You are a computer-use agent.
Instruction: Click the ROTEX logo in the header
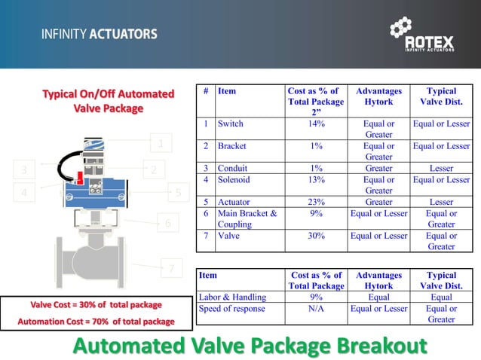(423, 35)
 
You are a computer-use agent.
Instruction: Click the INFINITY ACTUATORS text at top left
(100, 34)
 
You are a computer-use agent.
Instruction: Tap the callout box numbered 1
(160, 143)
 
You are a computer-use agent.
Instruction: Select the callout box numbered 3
(24, 169)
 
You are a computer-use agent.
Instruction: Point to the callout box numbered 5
(178, 193)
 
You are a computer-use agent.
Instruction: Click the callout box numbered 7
(171, 268)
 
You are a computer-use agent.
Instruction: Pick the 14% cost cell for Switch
(315, 124)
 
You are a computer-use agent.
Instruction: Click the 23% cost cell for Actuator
(315, 202)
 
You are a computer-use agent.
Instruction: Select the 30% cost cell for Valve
(315, 236)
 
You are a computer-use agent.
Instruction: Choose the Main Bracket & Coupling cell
(247, 218)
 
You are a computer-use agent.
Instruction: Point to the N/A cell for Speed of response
(315, 308)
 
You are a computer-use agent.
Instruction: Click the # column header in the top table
(205, 91)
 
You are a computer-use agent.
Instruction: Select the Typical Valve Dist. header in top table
(441, 96)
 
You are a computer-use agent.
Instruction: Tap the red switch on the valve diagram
(79, 176)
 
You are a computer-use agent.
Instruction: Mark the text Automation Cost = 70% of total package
(91, 322)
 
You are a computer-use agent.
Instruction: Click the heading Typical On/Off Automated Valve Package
(108, 101)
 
